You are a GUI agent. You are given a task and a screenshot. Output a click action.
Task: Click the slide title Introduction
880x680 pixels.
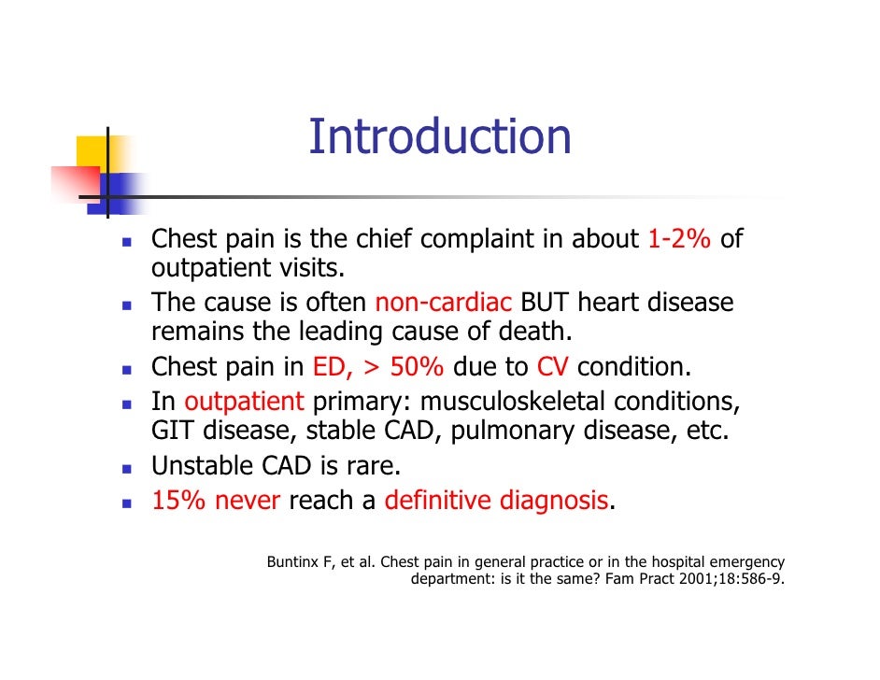pos(439,136)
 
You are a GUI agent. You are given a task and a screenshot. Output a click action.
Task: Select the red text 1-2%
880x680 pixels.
pos(679,240)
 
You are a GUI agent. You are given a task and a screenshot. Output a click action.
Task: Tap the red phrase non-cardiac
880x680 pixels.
pos(443,304)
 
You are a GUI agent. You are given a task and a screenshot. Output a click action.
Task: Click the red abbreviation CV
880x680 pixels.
pos(553,367)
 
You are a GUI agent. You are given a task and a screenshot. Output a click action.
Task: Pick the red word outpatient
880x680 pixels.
pos(244,403)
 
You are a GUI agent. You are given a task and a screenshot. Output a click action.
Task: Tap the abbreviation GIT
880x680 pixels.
pos(174,432)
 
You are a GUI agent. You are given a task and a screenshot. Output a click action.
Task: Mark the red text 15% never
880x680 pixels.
pos(216,501)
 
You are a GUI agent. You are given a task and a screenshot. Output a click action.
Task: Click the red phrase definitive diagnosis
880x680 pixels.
pos(496,501)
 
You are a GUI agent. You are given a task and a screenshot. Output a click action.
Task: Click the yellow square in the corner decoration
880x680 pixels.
pos(92,151)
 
